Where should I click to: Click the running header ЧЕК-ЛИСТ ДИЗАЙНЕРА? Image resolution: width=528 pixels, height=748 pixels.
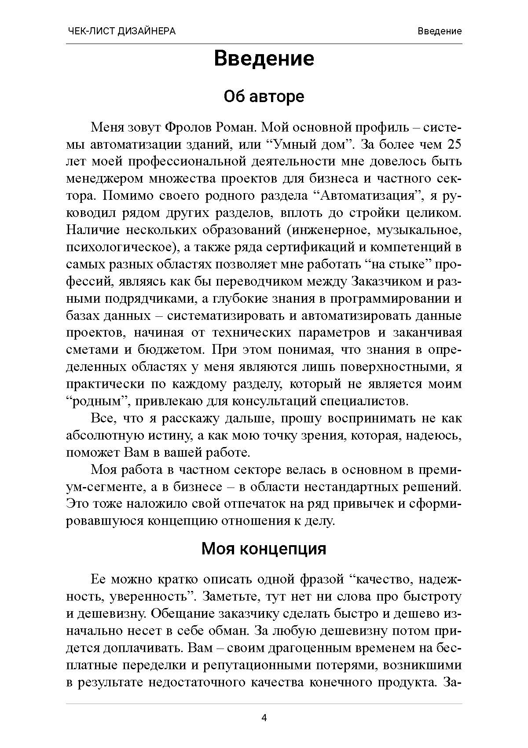pyautogui.click(x=122, y=31)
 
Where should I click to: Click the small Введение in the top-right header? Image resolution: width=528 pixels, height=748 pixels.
pyautogui.click(x=440, y=31)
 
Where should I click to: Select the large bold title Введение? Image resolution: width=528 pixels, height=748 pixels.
pyautogui.click(x=264, y=59)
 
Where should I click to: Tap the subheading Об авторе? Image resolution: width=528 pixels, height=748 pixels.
pyautogui.click(x=264, y=96)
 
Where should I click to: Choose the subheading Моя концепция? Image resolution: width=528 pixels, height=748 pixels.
pyautogui.click(x=264, y=549)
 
